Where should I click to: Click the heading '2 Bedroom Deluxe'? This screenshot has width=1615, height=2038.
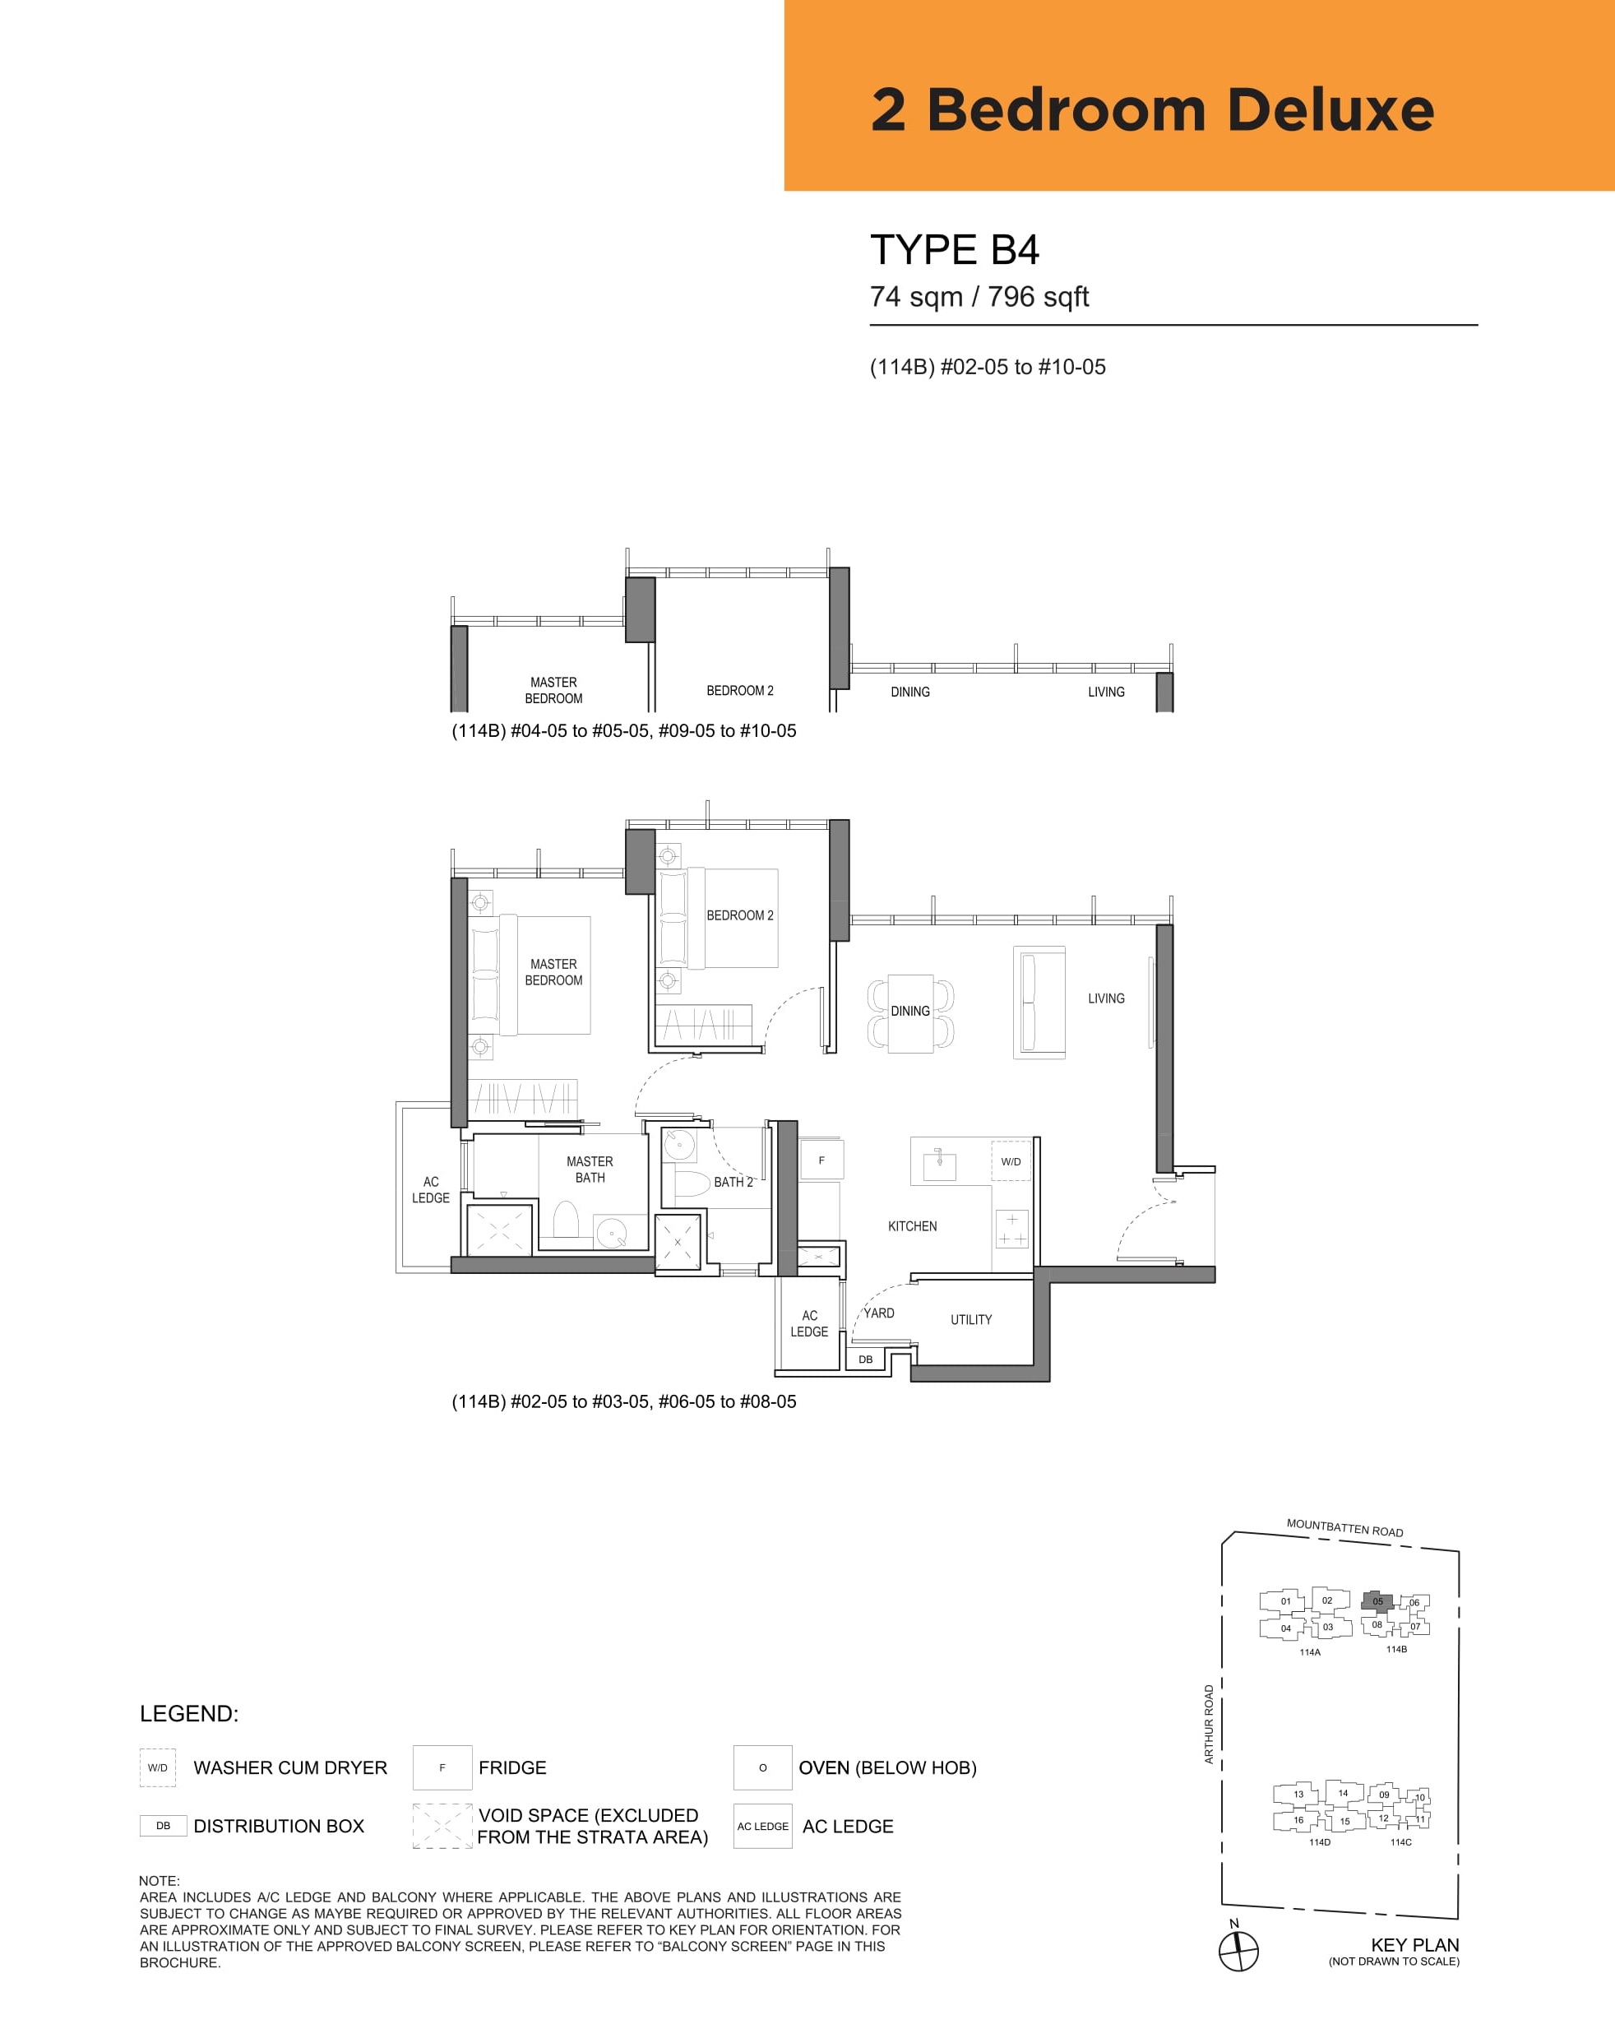pyautogui.click(x=1152, y=109)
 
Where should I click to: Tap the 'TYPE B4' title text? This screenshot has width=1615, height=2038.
pyautogui.click(x=955, y=249)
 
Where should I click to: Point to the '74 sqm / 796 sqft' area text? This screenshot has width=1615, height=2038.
pyautogui.click(x=979, y=297)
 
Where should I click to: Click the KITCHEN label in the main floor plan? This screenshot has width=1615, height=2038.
pyautogui.click(x=912, y=1226)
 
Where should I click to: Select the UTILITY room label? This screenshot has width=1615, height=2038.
pyautogui.click(x=971, y=1319)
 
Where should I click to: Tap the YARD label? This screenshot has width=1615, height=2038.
pyautogui.click(x=879, y=1313)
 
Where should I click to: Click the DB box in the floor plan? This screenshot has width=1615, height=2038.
pyautogui.click(x=866, y=1359)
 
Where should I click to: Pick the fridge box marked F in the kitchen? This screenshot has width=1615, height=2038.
pyautogui.click(x=821, y=1160)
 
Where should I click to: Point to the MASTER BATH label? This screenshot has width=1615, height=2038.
pyautogui.click(x=590, y=1170)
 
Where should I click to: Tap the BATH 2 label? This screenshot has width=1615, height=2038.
pyautogui.click(x=733, y=1182)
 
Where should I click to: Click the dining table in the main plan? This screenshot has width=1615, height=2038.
pyautogui.click(x=910, y=1012)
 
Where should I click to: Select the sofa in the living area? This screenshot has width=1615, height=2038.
pyautogui.click(x=1039, y=1002)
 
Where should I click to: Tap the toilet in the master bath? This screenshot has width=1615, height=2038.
pyautogui.click(x=565, y=1219)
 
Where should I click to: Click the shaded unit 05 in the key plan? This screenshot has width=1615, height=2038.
pyautogui.click(x=1377, y=1600)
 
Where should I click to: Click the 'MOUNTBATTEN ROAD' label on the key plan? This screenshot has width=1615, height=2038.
pyautogui.click(x=1344, y=1527)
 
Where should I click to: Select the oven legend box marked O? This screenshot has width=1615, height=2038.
pyautogui.click(x=762, y=1767)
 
